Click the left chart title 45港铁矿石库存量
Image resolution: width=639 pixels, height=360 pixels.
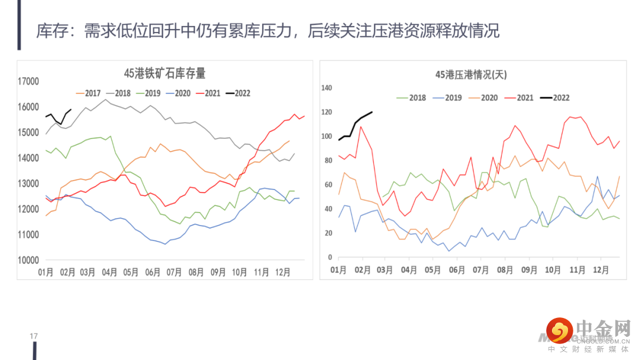164,73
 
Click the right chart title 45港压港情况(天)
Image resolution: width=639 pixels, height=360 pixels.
471,75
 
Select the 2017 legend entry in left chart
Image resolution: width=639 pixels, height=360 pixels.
89,93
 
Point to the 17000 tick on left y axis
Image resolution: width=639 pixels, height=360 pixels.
28,82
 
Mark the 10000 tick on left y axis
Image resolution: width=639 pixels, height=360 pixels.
28,261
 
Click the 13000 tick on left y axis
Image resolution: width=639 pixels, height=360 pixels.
28,184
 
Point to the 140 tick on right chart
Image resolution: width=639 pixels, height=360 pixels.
327,88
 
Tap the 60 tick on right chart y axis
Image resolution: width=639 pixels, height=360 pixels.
328,185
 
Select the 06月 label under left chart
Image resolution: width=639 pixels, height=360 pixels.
153,272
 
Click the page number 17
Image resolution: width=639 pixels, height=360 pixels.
34,337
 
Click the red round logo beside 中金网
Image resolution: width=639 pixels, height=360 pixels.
560,330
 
